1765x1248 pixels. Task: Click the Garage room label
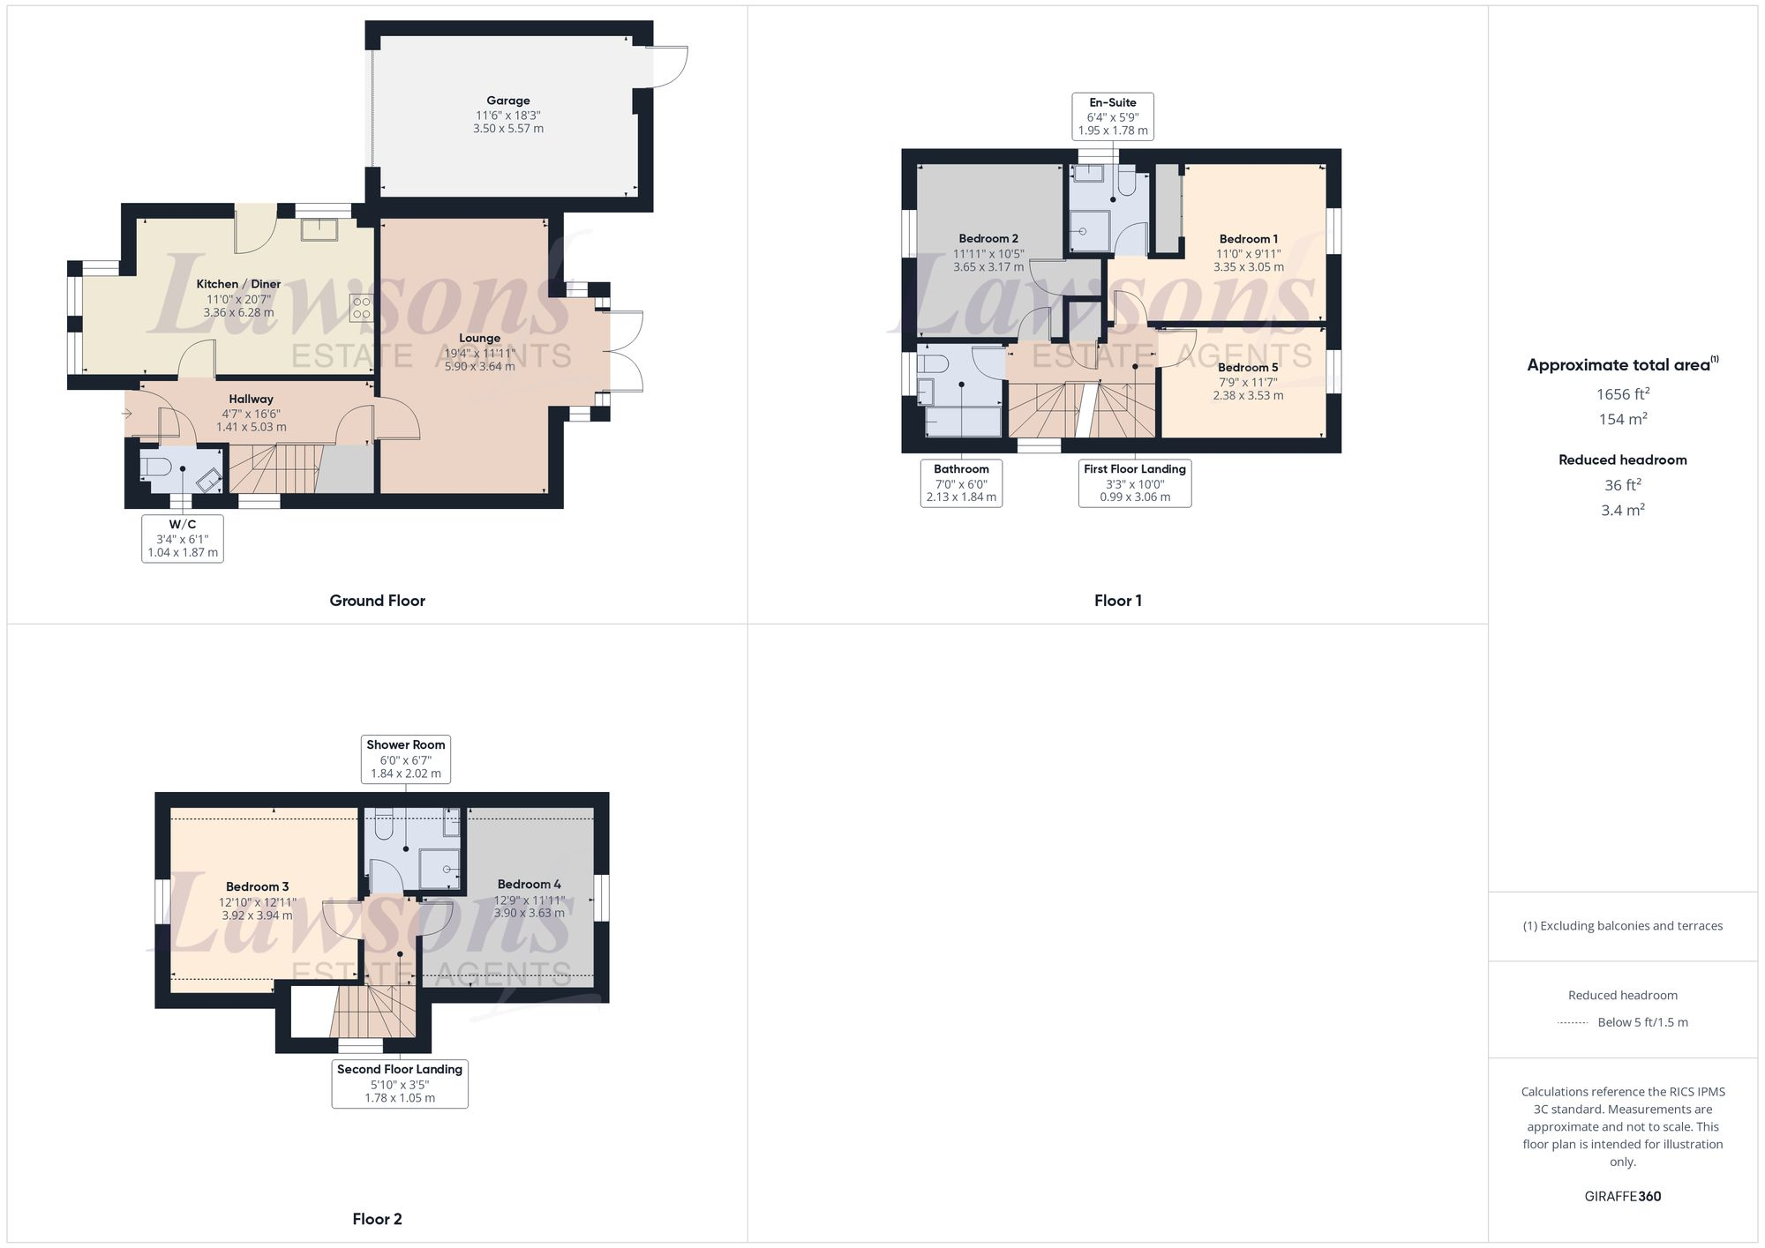[x=507, y=101]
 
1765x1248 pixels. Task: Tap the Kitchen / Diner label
[x=238, y=284]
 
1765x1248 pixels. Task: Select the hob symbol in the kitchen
[x=361, y=307]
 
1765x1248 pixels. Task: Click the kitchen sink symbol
[x=315, y=229]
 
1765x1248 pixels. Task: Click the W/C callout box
[x=183, y=538]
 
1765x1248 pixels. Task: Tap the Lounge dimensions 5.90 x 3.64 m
[x=479, y=366]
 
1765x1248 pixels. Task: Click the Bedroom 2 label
[x=988, y=239]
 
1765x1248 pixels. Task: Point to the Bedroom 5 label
[x=1248, y=368]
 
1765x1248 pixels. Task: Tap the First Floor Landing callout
[x=1135, y=482]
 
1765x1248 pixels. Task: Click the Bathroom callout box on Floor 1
[x=961, y=482]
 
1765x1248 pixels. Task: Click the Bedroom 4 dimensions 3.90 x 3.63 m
[x=529, y=913]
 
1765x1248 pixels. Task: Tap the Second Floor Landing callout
[x=400, y=1083]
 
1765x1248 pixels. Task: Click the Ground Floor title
[x=377, y=601]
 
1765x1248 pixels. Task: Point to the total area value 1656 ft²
[x=1622, y=394]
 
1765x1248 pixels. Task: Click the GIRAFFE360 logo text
[x=1622, y=1197]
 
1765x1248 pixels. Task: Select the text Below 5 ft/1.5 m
[x=1642, y=1022]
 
